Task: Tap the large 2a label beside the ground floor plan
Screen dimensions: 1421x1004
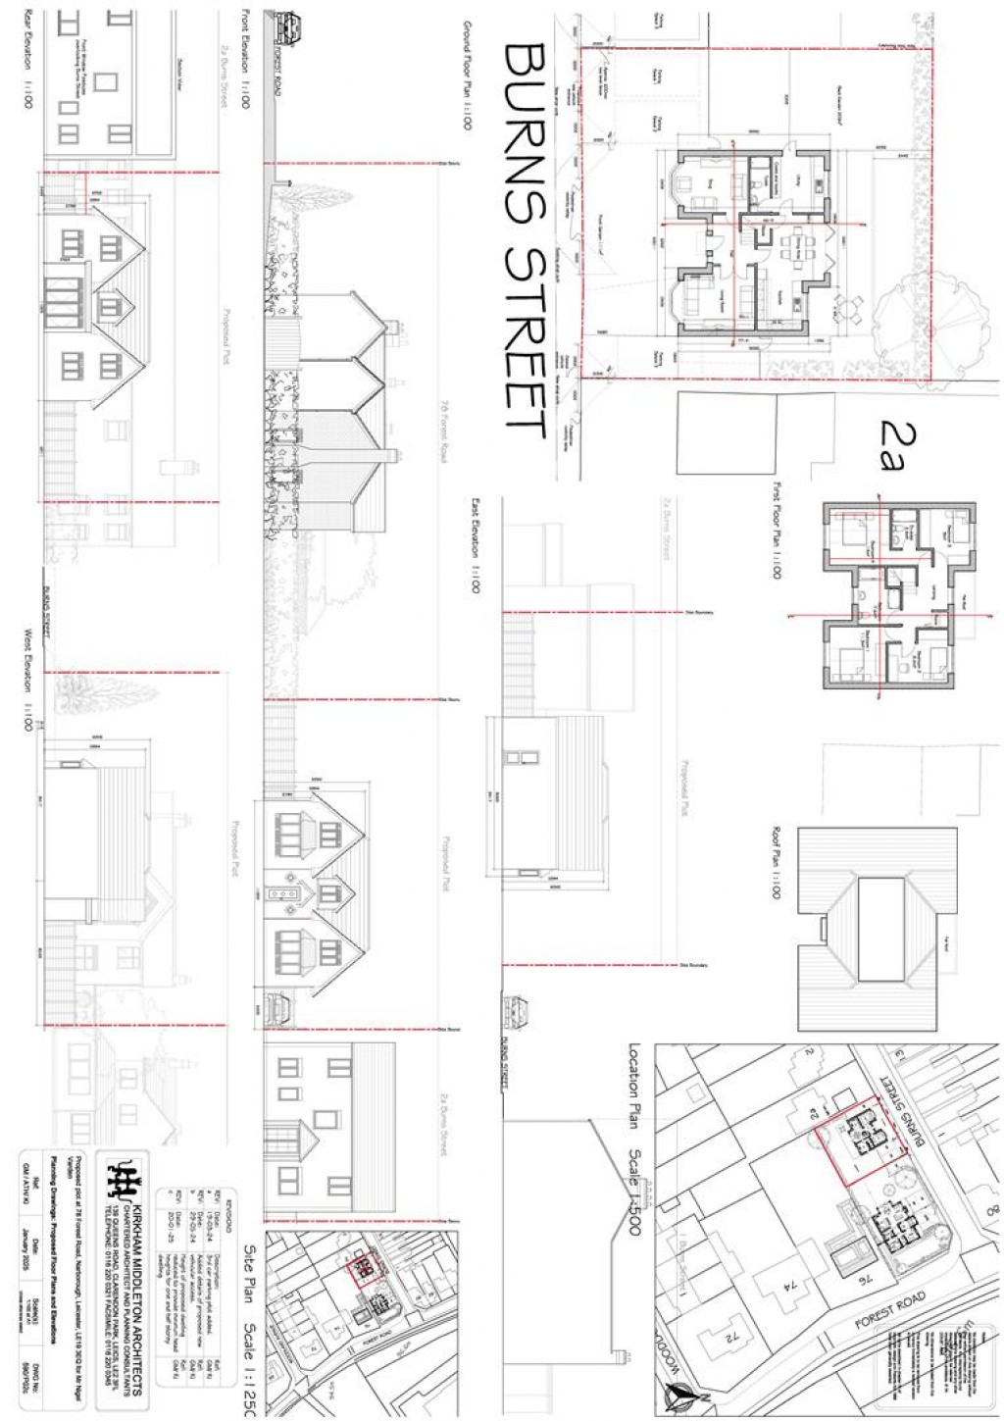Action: [892, 443]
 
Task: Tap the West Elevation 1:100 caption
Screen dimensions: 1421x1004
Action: [28, 687]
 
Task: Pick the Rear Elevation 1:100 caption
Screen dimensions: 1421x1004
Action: [28, 59]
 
